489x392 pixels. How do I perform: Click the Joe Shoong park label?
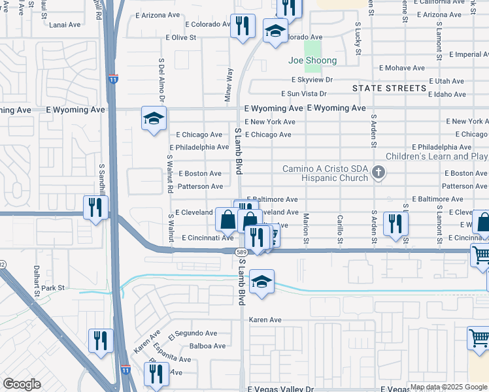coord(312,61)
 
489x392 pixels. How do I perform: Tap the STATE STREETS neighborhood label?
coord(388,88)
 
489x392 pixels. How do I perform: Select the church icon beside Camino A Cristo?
coord(378,172)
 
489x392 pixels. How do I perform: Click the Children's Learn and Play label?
coord(437,157)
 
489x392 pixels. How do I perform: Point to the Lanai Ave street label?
coord(65,25)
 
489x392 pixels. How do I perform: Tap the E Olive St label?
coord(181,38)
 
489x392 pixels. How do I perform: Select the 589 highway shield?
coord(241,251)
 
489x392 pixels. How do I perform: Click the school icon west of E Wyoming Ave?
coord(154,119)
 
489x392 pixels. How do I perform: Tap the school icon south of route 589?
coord(261,282)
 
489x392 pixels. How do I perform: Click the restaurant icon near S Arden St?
coord(396,223)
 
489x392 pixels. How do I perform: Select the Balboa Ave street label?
coord(207,346)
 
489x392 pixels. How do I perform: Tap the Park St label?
coord(53,287)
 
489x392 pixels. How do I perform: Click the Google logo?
coord(22,385)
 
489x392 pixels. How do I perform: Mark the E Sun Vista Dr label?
coord(303,94)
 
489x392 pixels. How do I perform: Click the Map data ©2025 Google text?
coord(448,387)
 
